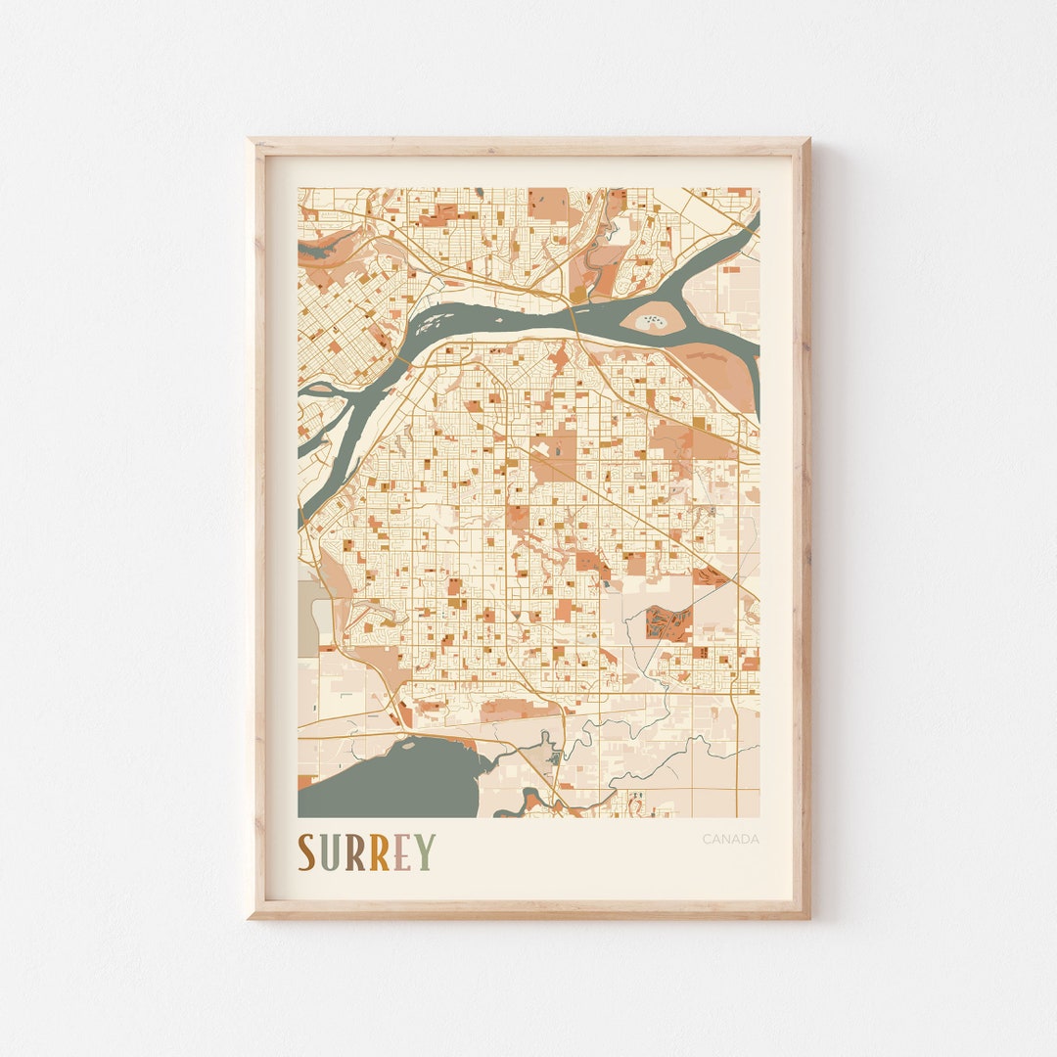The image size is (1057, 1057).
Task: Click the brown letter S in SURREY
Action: pos(307,852)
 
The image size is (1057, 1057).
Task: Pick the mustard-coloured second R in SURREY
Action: pos(379,852)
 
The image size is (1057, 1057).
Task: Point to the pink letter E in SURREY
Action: pos(401,852)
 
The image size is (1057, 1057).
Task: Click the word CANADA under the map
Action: pos(730,839)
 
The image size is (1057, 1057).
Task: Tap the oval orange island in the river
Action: pos(651,319)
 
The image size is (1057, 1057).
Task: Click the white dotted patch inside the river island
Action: pos(652,320)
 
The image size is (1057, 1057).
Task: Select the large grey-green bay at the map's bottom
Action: pos(391,783)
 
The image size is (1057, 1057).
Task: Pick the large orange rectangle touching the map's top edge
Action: pos(548,203)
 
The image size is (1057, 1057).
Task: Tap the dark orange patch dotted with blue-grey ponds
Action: pos(669,623)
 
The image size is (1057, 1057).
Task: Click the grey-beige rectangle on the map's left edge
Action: pos(308,618)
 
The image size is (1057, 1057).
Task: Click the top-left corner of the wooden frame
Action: pos(251,141)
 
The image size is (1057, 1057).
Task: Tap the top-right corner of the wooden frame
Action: pos(807,141)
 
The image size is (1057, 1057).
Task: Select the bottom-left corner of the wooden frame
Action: pos(251,916)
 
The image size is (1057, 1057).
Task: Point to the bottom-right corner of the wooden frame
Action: pos(807,916)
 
